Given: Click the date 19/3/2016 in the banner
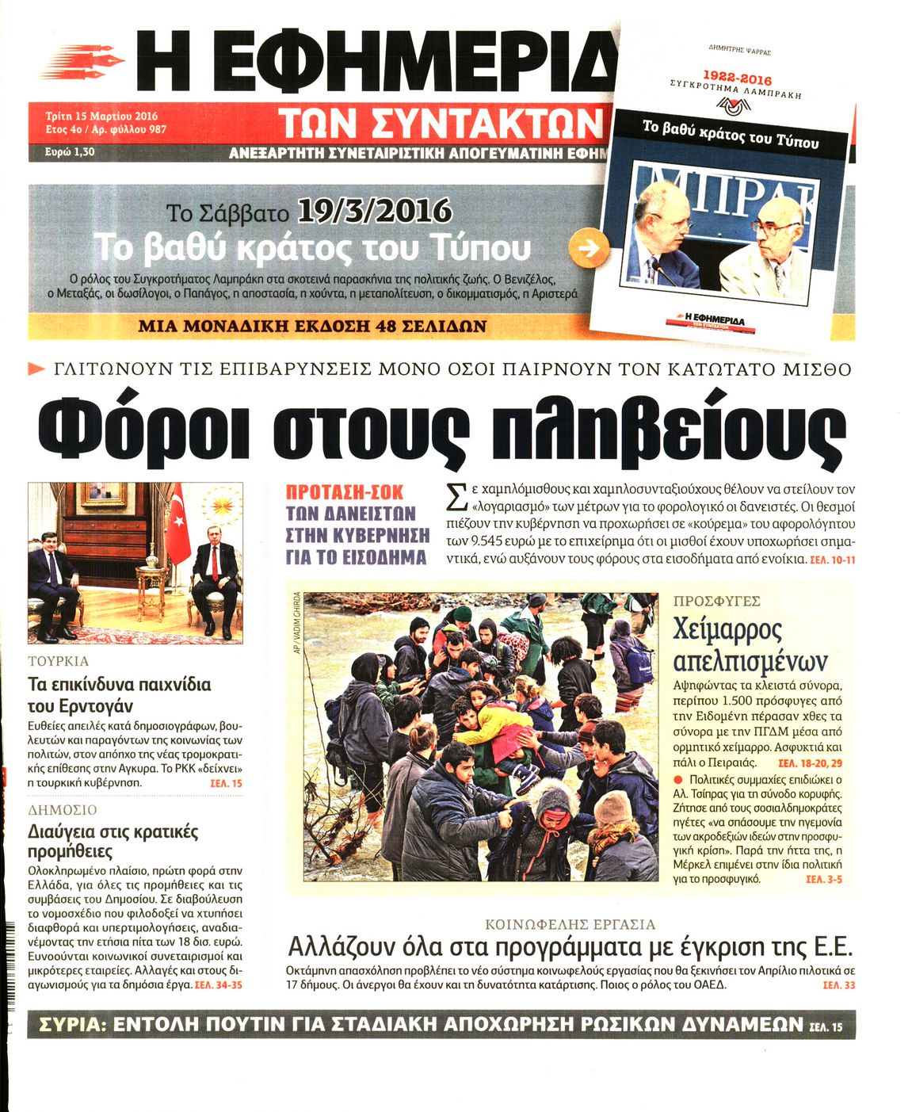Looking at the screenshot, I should pyautogui.click(x=375, y=212).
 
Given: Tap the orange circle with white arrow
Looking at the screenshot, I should pyautogui.click(x=590, y=249).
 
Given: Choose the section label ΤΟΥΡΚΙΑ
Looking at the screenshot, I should pyautogui.click(x=58, y=661).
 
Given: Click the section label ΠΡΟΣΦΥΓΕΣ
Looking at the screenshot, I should pyautogui.click(x=716, y=602).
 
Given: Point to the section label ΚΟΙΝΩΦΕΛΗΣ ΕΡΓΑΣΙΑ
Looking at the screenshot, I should pyautogui.click(x=570, y=924).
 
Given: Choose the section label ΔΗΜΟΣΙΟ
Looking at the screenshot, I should pyautogui.click(x=62, y=810).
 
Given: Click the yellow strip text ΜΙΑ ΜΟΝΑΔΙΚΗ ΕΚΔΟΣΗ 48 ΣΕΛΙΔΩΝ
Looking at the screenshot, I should pyautogui.click(x=312, y=327).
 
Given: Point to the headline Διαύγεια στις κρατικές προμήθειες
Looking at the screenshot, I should pyautogui.click(x=113, y=841).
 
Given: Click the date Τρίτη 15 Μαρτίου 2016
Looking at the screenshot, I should pyautogui.click(x=101, y=116).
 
